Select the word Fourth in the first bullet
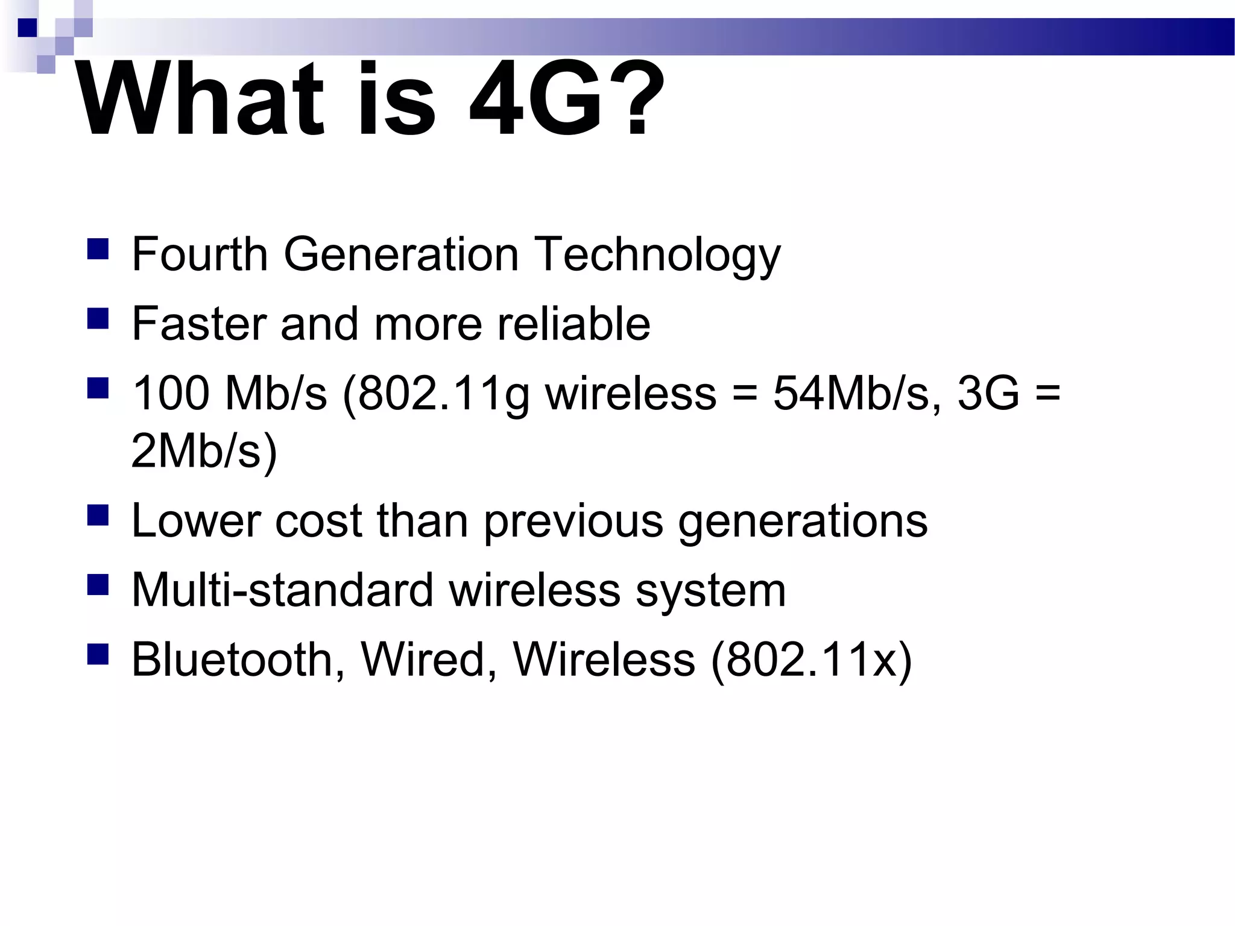[200, 254]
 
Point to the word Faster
[198, 324]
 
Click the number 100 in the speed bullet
[170, 393]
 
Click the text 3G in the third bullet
[988, 393]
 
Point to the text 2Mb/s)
[204, 451]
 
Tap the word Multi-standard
[282, 590]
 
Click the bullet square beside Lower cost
[98, 515]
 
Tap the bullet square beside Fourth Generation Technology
[98, 248]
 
